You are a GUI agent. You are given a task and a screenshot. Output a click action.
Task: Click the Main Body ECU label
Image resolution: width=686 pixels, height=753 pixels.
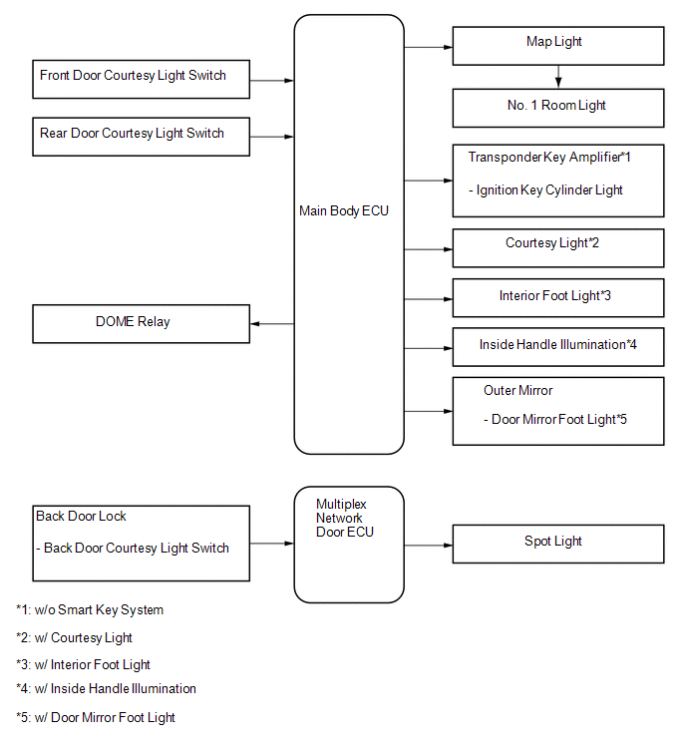344,210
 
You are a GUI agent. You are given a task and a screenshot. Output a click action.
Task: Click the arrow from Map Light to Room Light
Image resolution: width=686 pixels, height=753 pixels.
558,77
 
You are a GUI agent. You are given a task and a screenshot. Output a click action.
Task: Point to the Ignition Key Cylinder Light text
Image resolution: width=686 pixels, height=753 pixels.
545,190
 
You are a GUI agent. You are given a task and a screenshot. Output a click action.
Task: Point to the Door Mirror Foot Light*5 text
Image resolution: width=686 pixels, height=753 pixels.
555,420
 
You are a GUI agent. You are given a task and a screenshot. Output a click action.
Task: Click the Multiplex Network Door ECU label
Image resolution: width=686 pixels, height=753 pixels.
345,519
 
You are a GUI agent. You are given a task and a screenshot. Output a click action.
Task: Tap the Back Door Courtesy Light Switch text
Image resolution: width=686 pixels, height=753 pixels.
133,548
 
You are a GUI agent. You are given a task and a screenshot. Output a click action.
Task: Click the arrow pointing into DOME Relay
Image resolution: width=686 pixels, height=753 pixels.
272,324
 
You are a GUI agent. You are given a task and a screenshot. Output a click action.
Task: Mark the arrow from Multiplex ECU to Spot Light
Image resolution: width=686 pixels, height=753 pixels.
428,546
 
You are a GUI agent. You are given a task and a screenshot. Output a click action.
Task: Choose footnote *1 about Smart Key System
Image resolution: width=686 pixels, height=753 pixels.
90,610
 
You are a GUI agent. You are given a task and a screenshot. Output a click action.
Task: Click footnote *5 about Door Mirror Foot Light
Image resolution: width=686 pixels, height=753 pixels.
96,717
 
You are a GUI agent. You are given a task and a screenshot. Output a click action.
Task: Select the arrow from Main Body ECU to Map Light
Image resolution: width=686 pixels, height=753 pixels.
428,47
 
